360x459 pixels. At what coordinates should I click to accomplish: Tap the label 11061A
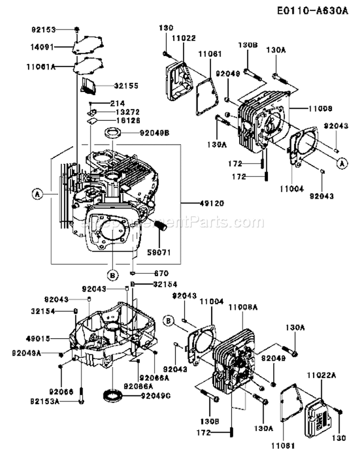click(41, 67)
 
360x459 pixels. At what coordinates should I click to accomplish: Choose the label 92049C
click(156, 396)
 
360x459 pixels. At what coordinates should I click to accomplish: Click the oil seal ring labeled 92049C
click(113, 395)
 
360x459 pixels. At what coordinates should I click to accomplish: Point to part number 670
click(161, 273)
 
